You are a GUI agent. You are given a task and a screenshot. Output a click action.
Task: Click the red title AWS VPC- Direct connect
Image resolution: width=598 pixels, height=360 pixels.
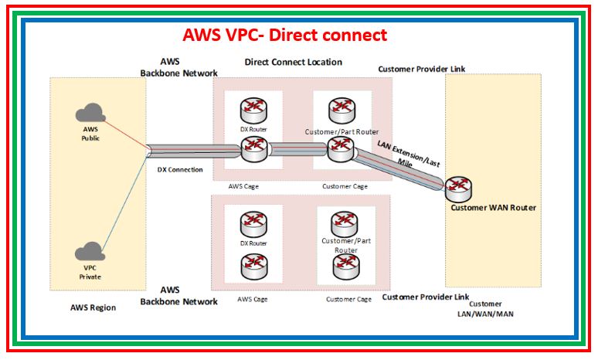[x=284, y=35]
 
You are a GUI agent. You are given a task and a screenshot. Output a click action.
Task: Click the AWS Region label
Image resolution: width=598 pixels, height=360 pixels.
[x=93, y=307]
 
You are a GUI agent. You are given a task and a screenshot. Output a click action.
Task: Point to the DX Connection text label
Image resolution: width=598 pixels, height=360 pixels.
[x=179, y=169]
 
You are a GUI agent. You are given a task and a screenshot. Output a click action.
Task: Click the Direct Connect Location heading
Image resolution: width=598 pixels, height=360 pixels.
[x=293, y=62]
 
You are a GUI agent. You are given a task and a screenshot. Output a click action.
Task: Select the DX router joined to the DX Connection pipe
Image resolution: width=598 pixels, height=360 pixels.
[x=253, y=149]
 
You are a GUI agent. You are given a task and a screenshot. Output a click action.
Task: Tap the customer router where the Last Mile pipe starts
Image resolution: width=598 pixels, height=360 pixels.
[x=340, y=149]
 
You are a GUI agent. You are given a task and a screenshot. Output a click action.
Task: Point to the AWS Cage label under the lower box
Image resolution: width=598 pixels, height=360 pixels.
[x=253, y=298]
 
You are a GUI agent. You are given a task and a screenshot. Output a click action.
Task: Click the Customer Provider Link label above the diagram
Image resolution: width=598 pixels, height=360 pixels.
[x=422, y=70]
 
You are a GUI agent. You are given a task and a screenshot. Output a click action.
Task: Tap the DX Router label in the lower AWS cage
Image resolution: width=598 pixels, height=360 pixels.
[x=253, y=243]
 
